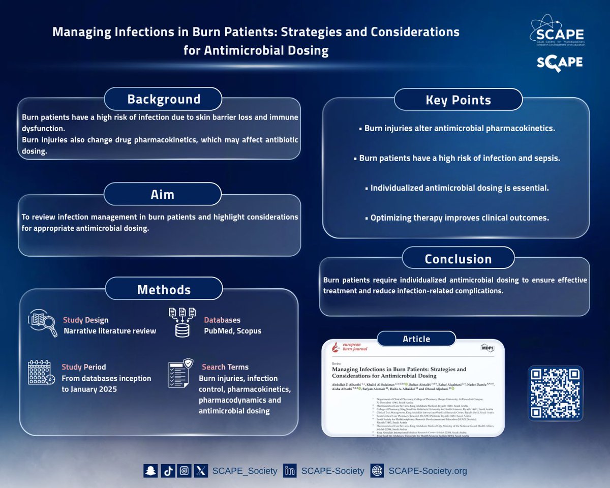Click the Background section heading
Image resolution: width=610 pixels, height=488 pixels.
(x=163, y=99)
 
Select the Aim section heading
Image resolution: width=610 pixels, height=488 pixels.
(x=163, y=194)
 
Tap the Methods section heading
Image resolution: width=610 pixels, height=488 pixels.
(x=164, y=290)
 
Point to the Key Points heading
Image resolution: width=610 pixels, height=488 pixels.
(x=458, y=100)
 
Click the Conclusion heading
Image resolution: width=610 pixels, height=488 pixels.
(x=458, y=259)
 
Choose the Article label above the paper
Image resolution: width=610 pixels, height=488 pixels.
(x=416, y=339)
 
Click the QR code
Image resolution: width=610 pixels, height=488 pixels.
(x=555, y=393)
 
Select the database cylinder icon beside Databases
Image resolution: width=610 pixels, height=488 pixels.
(x=182, y=322)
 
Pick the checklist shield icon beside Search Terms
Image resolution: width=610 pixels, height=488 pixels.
(x=181, y=373)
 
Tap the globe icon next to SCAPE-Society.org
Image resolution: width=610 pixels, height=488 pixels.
(x=377, y=471)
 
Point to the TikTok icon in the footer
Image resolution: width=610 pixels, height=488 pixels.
(x=168, y=471)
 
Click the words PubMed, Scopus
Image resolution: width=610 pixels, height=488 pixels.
(x=233, y=331)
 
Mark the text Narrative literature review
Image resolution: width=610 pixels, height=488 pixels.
(x=110, y=331)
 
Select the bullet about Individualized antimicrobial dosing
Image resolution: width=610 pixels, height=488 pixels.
(x=457, y=188)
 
